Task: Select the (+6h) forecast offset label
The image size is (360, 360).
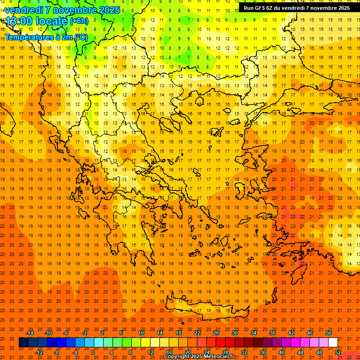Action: pyautogui.click(x=79, y=21)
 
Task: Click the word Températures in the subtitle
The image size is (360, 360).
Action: pyautogui.click(x=26, y=37)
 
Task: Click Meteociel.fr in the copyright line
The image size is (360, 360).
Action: pyautogui.click(x=218, y=357)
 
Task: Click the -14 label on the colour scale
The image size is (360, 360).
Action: pyautogui.click(x=30, y=333)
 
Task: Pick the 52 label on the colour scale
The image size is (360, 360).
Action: pyautogui.click(x=338, y=352)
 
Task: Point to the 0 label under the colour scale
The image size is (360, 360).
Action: pyautogui.click(x=93, y=352)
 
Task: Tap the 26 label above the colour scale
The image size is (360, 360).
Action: pyautogui.click(x=216, y=333)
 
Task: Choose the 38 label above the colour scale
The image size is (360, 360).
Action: pyautogui.click(x=272, y=333)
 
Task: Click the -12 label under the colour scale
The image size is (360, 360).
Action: pyautogui.click(x=39, y=352)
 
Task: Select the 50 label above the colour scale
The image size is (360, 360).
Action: pyautogui.click(x=329, y=333)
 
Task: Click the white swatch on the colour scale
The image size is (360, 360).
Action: pyautogui.click(x=333, y=343)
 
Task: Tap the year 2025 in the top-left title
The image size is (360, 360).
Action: pyautogui.click(x=109, y=10)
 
